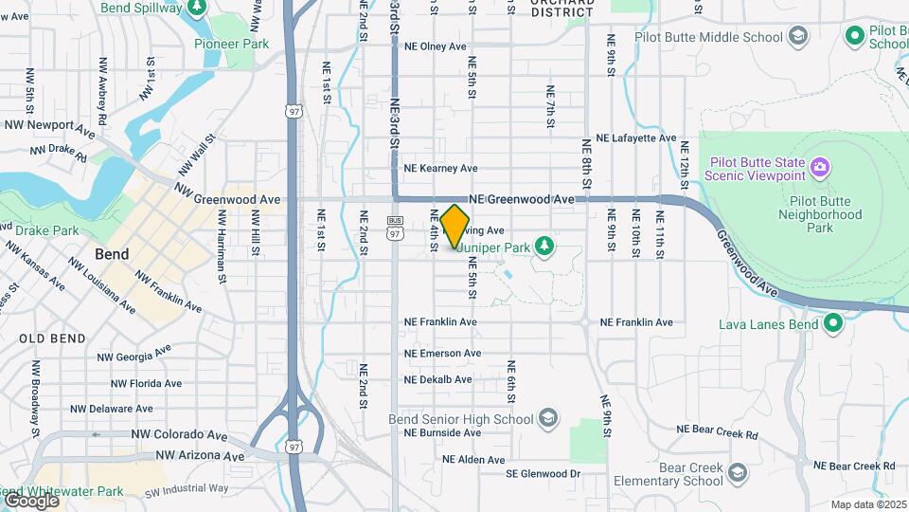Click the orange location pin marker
point(455,227)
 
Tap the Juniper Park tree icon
point(544,247)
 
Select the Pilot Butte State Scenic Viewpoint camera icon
point(820,169)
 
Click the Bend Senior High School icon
point(547,418)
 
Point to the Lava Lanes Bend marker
point(833,324)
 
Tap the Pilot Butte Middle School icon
point(798,37)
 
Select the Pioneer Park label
point(231,44)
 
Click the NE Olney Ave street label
point(435,46)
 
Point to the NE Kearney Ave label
point(440,168)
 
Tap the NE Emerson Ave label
point(442,354)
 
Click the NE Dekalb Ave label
point(437,379)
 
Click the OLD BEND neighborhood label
point(52,338)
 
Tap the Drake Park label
point(52,230)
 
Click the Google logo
point(30,500)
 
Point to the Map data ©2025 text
point(867,504)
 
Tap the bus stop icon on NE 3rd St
point(394,220)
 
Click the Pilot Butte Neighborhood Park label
point(819,214)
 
